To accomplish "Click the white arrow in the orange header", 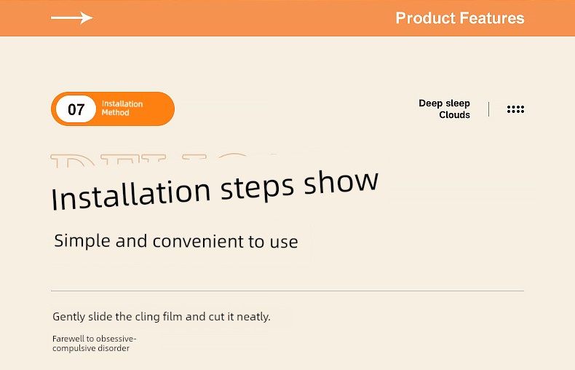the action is (x=72, y=17).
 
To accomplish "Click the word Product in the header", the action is (x=425, y=18).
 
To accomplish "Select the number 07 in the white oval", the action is (x=76, y=109).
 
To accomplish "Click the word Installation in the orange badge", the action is (x=122, y=104).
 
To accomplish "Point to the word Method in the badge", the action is (x=115, y=113).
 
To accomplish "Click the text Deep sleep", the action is (x=444, y=103).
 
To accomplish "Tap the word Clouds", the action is (x=454, y=115).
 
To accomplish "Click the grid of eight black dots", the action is (x=515, y=109).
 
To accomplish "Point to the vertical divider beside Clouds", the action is (x=489, y=109).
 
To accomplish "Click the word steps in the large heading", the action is (x=257, y=188).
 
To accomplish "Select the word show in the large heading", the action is (x=341, y=181).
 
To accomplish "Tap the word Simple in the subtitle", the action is (x=82, y=241).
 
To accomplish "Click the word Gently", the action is (x=68, y=317).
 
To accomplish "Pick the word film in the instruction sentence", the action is (x=172, y=316).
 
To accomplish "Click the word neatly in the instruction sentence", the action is (x=253, y=317).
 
